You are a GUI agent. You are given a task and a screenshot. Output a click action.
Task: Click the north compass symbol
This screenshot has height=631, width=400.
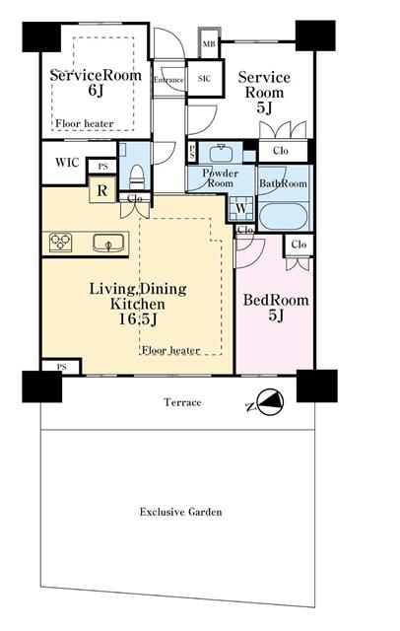(270, 401)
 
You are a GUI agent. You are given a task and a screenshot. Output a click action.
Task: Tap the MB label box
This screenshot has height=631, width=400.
(209, 43)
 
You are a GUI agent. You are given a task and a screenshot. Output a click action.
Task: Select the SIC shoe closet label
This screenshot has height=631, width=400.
(204, 79)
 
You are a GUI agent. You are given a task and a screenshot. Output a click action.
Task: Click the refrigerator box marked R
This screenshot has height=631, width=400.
(102, 190)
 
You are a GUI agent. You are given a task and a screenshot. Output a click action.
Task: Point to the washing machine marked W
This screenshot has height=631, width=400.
(241, 208)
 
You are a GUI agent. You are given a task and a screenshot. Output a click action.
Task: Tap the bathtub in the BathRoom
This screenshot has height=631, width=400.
(284, 217)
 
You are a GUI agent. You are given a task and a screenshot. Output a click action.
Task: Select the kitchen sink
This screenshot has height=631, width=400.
(108, 244)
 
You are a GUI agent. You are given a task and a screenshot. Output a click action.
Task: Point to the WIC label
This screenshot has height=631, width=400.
(67, 163)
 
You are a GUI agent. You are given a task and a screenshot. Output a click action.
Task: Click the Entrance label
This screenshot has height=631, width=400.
(168, 80)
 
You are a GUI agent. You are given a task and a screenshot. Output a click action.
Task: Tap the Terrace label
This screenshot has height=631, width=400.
(182, 402)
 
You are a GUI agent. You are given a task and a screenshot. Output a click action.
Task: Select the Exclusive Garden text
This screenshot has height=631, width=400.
(180, 512)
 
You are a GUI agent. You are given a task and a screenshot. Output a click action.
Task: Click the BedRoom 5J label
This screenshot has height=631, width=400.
(276, 308)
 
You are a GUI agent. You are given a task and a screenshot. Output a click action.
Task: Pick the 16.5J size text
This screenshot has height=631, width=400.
(138, 319)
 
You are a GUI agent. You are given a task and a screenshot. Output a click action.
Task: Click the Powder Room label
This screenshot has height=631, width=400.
(220, 178)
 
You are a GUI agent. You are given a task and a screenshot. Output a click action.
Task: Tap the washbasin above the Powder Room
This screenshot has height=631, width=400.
(220, 153)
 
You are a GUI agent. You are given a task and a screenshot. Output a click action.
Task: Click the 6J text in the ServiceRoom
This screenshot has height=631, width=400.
(96, 91)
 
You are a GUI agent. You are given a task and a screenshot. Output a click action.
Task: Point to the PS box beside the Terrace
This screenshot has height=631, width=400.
(61, 367)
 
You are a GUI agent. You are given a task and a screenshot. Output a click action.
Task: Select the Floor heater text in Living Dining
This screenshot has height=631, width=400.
(170, 350)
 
